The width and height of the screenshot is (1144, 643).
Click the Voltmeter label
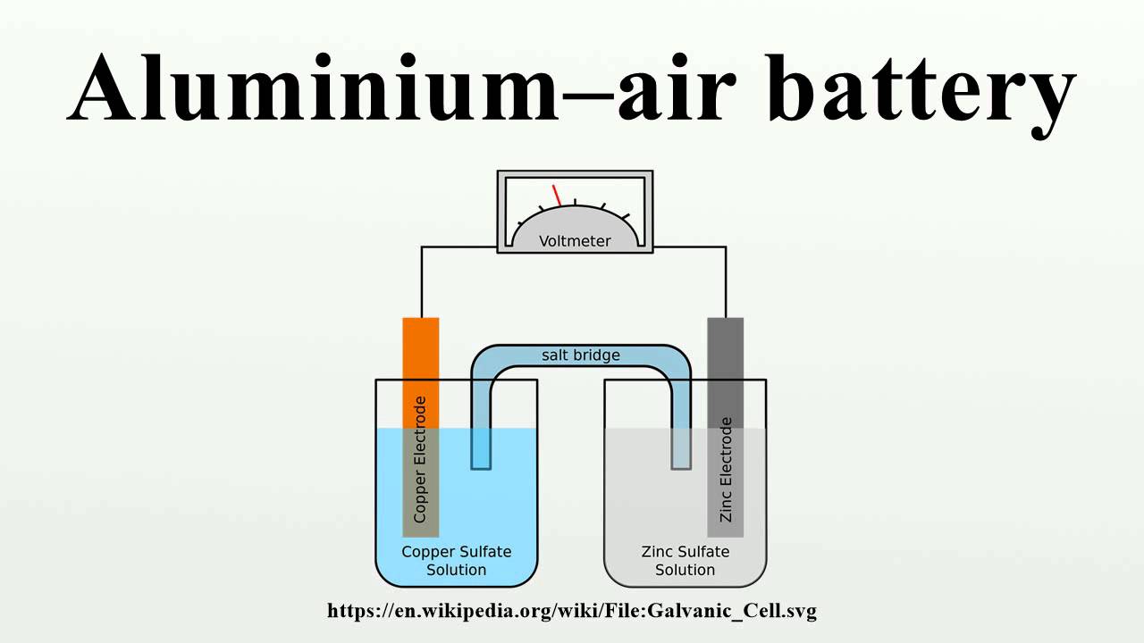[x=575, y=241]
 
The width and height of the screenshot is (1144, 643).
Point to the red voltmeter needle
[x=557, y=195]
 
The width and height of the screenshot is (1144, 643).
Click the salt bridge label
[x=580, y=355]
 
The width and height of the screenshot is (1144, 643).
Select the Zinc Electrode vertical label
[x=726, y=470]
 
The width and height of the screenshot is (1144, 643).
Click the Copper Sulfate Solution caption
[x=456, y=561]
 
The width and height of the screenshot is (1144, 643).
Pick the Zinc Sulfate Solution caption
[x=686, y=561]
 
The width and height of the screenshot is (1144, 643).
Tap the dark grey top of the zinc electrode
[x=726, y=357]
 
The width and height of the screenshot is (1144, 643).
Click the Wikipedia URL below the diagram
[x=572, y=612]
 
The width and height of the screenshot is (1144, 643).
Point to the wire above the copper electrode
[x=422, y=281]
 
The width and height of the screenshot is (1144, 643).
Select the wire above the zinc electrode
[x=726, y=281]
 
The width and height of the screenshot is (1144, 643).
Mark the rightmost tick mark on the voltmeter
[x=625, y=216]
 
